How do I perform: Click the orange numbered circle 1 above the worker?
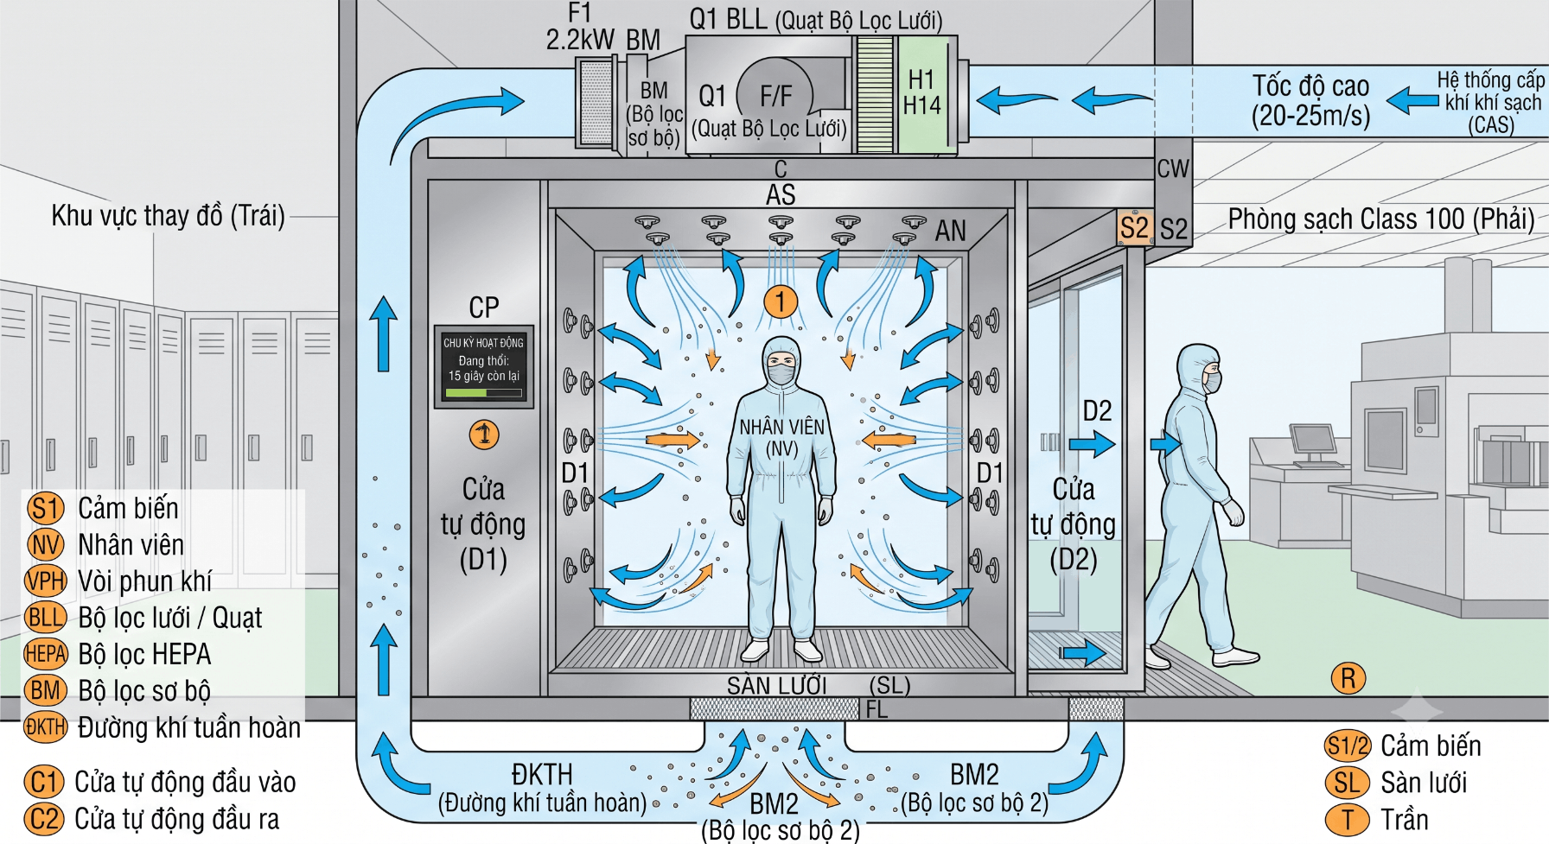780,301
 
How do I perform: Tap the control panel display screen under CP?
484,366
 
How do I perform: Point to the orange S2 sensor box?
1135,228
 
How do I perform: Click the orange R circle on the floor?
1348,679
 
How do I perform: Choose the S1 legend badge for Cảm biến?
46,508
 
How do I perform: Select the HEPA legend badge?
46,654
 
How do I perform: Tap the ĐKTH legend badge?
46,727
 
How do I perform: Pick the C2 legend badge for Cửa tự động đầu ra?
44,819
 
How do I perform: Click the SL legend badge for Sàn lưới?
1347,783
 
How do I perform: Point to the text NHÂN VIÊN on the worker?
782,426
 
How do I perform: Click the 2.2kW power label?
580,40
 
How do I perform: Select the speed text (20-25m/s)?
1310,115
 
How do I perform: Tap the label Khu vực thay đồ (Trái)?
168,215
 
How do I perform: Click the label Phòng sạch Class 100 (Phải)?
1381,219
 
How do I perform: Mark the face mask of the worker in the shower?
781,374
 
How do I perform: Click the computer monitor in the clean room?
1312,439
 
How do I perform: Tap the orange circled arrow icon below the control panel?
484,434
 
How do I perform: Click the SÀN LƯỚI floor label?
777,686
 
